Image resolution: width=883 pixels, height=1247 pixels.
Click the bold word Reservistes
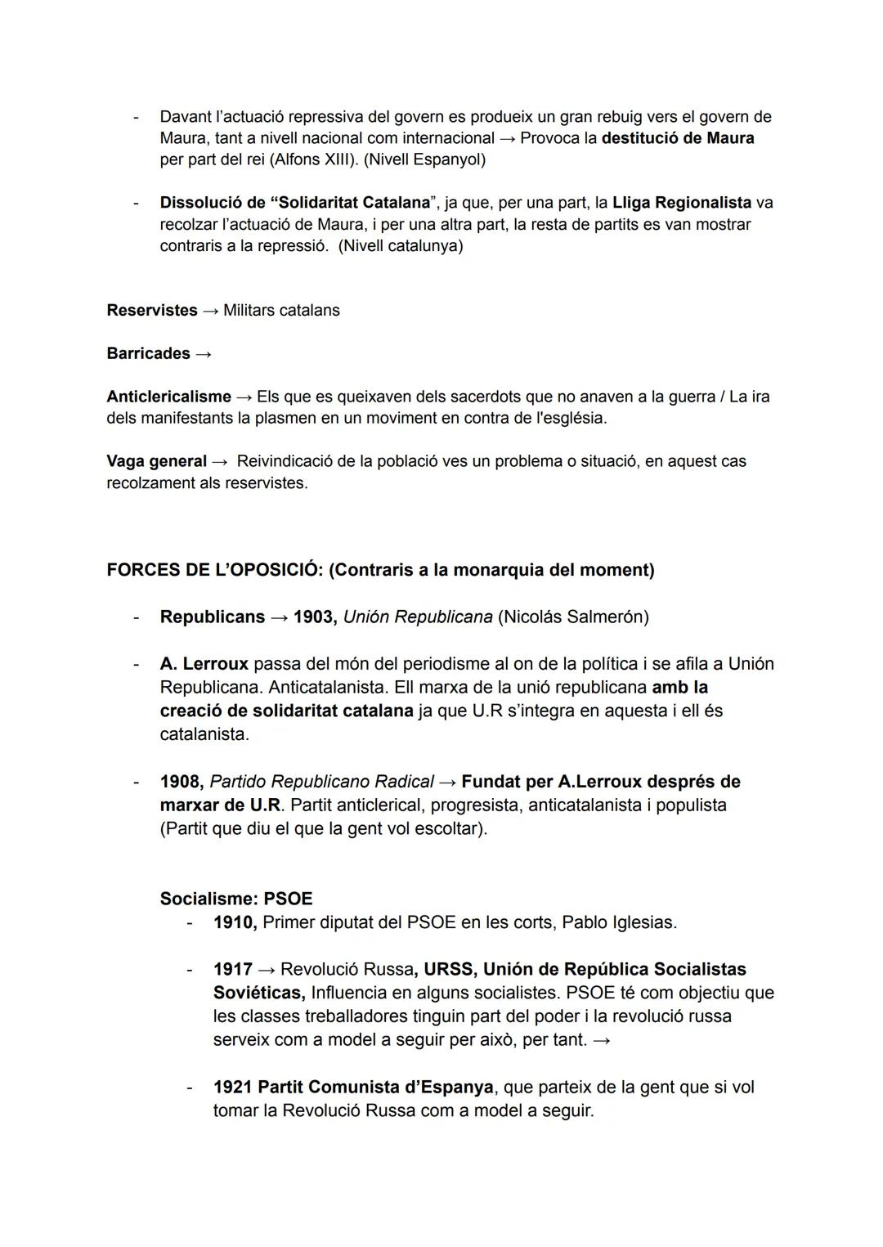tap(152, 311)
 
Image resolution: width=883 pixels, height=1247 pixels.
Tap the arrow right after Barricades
tap(204, 354)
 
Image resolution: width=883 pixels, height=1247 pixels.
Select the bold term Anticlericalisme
tap(168, 397)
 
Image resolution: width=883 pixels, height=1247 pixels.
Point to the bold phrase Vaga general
tap(156, 461)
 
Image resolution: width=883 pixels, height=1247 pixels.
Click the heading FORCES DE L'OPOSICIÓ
tap(214, 570)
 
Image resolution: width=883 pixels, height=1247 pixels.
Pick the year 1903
tap(315, 617)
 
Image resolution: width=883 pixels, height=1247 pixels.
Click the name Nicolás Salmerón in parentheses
tap(572, 617)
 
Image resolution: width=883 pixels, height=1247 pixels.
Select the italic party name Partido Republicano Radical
tap(320, 782)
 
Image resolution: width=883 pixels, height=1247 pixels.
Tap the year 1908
tap(181, 782)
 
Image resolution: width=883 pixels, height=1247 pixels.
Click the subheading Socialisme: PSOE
tap(236, 899)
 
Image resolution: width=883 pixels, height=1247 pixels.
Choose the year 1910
tap(234, 922)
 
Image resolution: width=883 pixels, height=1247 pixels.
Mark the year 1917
tap(233, 969)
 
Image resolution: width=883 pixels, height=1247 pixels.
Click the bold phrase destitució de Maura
tap(677, 138)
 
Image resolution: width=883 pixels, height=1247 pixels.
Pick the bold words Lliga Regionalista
tap(681, 202)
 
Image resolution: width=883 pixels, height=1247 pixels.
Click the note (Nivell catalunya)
tap(401, 245)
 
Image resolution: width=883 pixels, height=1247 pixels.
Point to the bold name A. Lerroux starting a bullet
tap(204, 664)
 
